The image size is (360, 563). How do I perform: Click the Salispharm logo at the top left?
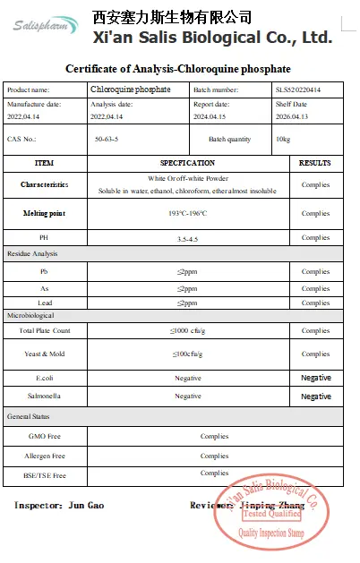point(46,26)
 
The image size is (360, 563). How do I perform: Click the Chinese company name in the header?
point(172,17)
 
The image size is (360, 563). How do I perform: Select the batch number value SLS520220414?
point(296,90)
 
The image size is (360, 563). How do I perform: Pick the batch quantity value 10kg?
point(283,140)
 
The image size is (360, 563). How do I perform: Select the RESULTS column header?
point(315,164)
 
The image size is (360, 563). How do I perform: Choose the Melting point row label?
point(44,214)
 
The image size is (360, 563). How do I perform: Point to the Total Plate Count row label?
point(45,330)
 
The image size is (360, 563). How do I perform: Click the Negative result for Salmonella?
point(315,396)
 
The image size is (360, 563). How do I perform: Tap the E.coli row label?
point(44,379)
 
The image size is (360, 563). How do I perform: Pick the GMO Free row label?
point(45,437)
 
